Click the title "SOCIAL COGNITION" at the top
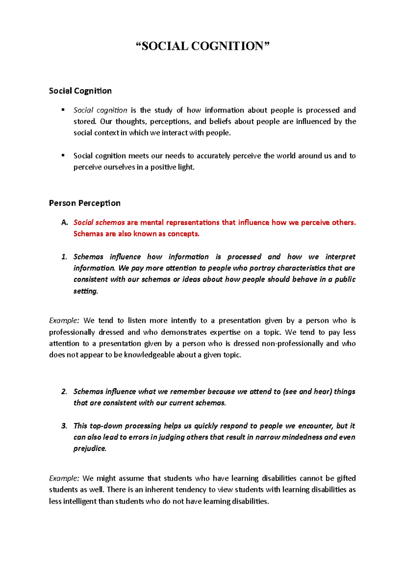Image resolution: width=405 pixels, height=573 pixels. pos(202,46)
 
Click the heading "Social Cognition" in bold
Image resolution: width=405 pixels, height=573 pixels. pos(80,91)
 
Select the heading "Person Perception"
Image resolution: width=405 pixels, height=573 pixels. pos(84,203)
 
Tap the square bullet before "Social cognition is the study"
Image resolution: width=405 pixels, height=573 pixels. pos(63,110)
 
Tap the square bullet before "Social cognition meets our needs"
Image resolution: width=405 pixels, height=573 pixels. pos(63,155)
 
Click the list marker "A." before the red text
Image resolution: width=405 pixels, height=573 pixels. pos(65,223)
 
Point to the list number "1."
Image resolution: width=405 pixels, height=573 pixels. pos(64,257)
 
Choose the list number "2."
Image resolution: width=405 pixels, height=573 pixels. pos(64,392)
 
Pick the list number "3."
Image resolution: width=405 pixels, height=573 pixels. pos(64,426)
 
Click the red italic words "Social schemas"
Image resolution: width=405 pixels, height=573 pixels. pos(99,223)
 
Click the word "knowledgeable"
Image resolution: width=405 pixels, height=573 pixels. pos(150,355)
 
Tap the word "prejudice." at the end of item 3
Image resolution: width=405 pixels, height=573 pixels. pos(90,448)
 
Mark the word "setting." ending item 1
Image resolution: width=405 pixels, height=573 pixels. pos(86,291)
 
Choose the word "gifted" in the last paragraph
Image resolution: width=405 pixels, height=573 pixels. pos(346,479)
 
